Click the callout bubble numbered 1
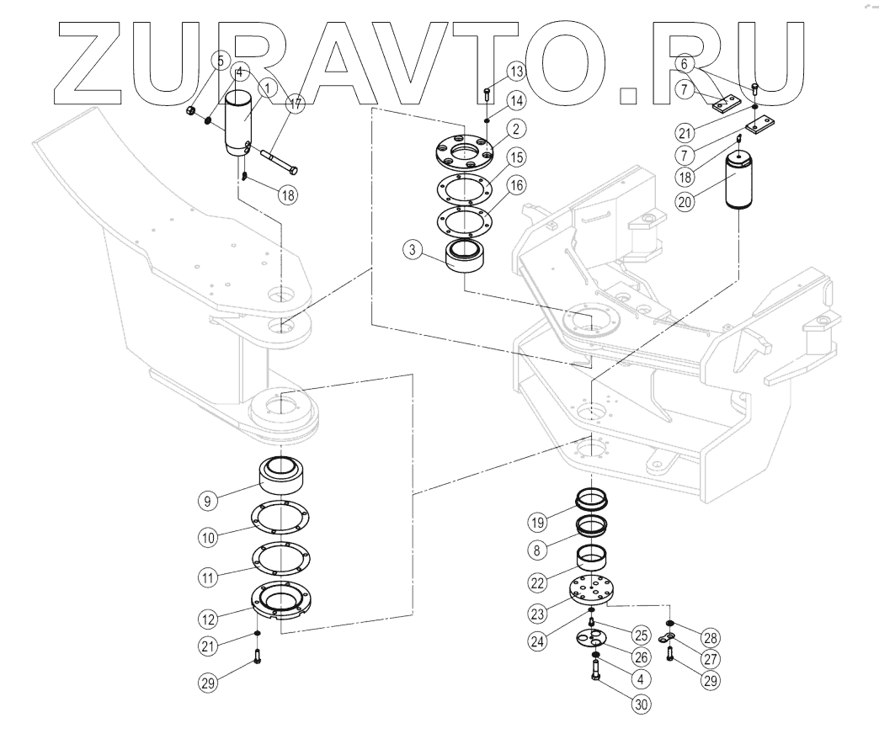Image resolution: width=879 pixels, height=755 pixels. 268,86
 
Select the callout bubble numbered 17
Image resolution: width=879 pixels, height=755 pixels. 295,105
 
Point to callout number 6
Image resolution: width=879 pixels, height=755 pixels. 685,62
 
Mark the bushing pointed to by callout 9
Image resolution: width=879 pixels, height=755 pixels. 283,478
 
